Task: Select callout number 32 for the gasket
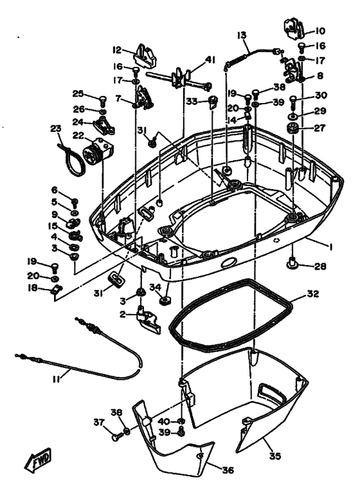(x=312, y=294)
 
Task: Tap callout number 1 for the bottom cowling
(x=329, y=247)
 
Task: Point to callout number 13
(x=242, y=35)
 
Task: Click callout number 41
(x=210, y=59)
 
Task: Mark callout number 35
(x=275, y=456)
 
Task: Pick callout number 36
(x=228, y=470)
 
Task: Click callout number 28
(x=320, y=266)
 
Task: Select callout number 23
(x=56, y=129)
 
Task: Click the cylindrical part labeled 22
(x=98, y=151)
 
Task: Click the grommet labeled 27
(x=293, y=129)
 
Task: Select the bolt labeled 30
(x=292, y=101)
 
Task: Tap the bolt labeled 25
(x=103, y=100)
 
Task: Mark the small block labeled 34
(x=165, y=301)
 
